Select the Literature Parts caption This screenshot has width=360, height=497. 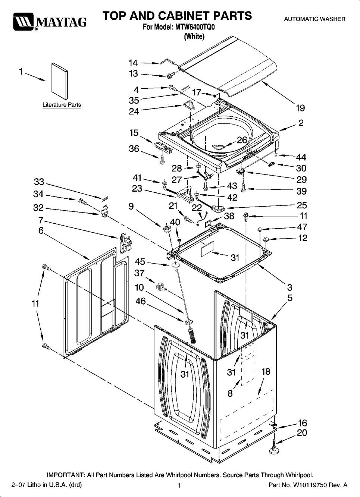pos(62,105)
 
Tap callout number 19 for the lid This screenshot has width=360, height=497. pos(300,108)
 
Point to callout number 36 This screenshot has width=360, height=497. pos(134,149)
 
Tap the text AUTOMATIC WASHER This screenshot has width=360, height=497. pos(314,19)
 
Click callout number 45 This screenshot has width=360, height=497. pos(140,262)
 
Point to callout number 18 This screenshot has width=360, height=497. pos(266,371)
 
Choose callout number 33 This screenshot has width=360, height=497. pos(39,182)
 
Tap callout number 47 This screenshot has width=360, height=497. pos(302,227)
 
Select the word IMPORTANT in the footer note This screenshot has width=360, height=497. pos(66,475)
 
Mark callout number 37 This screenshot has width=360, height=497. pos(139,273)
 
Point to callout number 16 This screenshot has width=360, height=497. pos(302,423)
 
